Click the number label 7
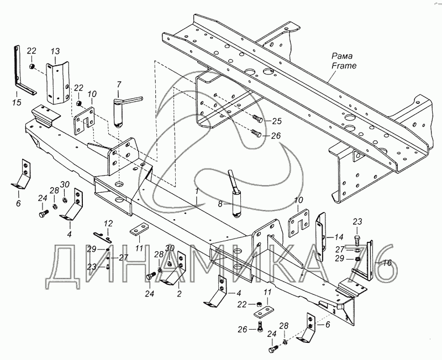click(119, 84)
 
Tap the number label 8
click(220, 204)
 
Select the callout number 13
click(55, 51)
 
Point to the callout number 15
click(17, 102)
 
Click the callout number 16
click(387, 263)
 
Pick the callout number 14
click(339, 237)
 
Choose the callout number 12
click(108, 224)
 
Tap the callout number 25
click(277, 121)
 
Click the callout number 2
click(179, 294)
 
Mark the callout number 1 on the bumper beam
click(197, 191)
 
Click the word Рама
click(342, 56)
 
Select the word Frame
click(344, 66)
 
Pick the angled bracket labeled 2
click(175, 271)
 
